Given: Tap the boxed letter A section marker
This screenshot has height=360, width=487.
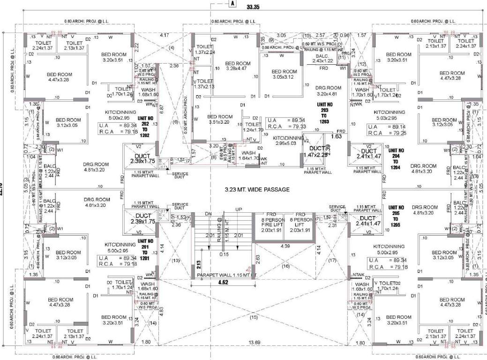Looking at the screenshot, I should point(231,3).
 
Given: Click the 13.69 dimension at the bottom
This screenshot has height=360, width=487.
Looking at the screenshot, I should point(255,343).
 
